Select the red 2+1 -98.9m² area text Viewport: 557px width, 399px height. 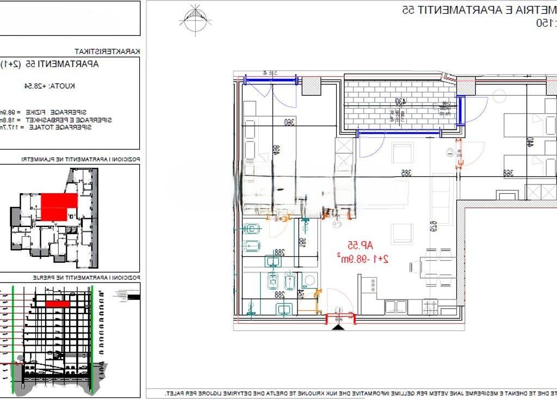click(363, 259)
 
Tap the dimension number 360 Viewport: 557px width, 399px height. click(289, 123)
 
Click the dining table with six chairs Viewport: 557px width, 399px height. click(431, 272)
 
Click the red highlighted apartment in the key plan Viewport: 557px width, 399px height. click(59, 207)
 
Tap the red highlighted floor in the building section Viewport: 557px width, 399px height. click(57, 304)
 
